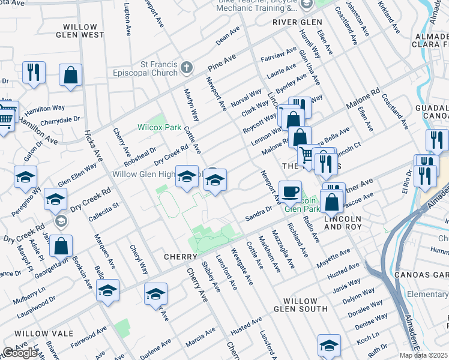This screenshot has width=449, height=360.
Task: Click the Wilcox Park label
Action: point(159,127)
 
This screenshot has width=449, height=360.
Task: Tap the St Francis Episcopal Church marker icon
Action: point(187,67)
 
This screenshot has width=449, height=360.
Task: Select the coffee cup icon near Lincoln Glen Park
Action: point(291,191)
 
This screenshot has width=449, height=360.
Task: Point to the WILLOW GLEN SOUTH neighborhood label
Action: point(300,305)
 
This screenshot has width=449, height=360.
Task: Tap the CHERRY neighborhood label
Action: point(181,257)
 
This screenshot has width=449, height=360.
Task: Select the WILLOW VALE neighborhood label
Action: point(44,333)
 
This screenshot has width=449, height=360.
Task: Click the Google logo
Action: point(20,353)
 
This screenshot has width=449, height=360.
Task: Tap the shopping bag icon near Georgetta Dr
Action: point(61,245)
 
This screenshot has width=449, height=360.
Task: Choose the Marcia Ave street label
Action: point(200,340)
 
